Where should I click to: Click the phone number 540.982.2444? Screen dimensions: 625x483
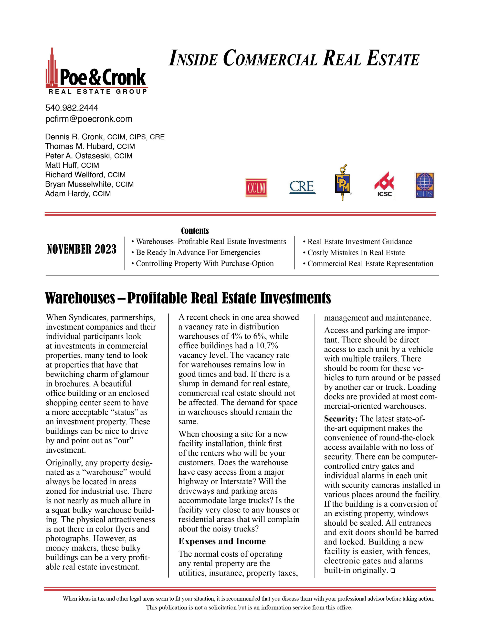[72, 108]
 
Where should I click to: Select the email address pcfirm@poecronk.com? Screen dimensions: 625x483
[89, 119]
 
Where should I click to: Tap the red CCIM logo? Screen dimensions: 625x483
[256, 188]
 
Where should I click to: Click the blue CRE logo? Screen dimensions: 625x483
[302, 187]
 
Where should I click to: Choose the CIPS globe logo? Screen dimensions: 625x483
[425, 185]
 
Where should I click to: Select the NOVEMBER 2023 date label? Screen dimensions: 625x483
[82, 249]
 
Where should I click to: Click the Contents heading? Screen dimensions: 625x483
[195, 231]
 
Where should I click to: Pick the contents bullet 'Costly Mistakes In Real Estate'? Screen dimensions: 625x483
[356, 253]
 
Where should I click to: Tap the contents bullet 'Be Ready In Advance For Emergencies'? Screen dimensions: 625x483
[198, 252]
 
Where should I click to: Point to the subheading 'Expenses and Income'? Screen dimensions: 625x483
[222, 541]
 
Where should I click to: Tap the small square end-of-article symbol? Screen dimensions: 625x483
[393, 571]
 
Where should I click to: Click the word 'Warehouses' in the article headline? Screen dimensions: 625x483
[80, 298]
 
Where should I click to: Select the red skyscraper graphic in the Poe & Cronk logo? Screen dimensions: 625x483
[52, 69]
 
